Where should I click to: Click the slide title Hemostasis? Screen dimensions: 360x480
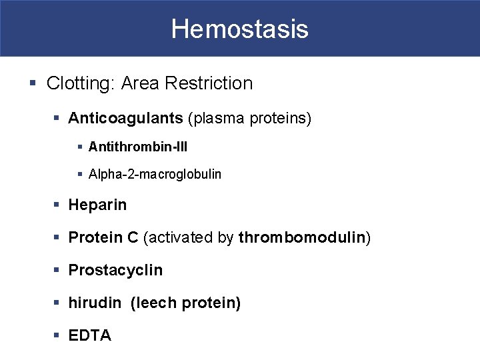(x=239, y=29)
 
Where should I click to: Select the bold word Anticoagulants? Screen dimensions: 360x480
(x=125, y=119)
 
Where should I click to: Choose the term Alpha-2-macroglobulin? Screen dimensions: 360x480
(x=155, y=174)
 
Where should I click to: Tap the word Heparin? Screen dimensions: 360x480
(x=97, y=205)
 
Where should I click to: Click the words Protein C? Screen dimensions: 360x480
(x=104, y=237)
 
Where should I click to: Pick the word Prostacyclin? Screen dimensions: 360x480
(x=115, y=270)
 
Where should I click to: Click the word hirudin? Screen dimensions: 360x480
(x=95, y=303)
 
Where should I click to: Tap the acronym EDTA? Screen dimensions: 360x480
(x=90, y=335)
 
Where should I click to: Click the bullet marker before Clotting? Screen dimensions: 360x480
(x=33, y=84)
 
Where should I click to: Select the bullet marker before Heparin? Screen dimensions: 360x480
(x=58, y=205)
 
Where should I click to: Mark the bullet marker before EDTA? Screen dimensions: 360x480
(x=58, y=336)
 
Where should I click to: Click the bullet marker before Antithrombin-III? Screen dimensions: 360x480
(x=80, y=146)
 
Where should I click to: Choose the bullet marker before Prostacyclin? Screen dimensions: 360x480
(x=58, y=271)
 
